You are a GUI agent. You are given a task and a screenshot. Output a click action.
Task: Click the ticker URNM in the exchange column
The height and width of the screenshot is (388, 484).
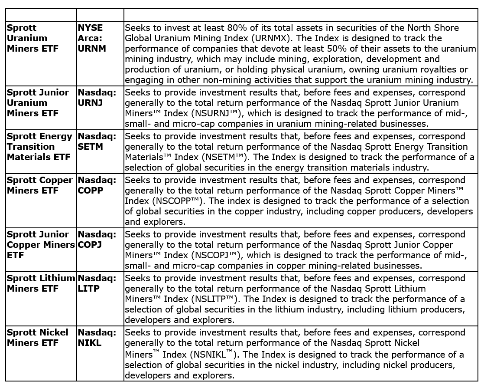click(92, 49)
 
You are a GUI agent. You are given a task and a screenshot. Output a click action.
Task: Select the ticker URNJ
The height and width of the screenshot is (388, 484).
click(91, 103)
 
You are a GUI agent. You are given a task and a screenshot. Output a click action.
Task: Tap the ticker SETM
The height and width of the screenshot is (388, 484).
click(91, 147)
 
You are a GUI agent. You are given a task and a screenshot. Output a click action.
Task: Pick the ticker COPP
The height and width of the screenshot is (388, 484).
click(91, 191)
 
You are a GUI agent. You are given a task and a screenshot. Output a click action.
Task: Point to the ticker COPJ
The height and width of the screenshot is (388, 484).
click(90, 245)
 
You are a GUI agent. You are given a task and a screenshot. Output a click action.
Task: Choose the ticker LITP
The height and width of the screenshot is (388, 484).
click(89, 289)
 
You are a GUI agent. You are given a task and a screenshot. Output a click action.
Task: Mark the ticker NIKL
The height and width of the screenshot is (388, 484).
click(89, 343)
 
